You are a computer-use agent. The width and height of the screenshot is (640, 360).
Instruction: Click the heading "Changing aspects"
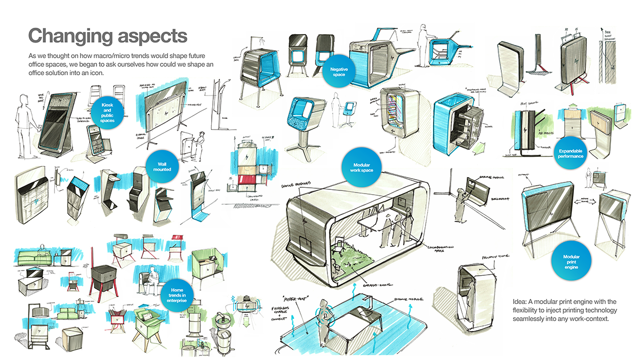[107, 36]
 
